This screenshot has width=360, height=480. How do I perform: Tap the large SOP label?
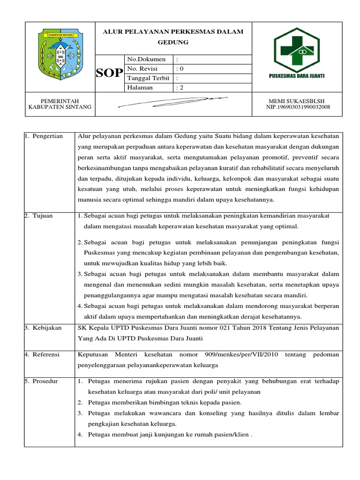pyautogui.click(x=109, y=73)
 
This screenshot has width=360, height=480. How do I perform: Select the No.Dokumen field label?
pyautogui.click(x=146, y=59)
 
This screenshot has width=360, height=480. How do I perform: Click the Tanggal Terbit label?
pyautogui.click(x=148, y=78)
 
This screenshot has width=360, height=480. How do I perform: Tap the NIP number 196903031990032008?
pyautogui.click(x=298, y=107)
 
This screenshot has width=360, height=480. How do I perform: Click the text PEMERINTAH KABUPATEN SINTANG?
pyautogui.click(x=59, y=104)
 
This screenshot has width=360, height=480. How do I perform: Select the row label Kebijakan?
pyautogui.click(x=47, y=328)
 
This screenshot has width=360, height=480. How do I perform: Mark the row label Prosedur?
pyautogui.click(x=45, y=381)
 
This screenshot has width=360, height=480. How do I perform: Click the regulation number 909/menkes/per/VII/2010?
pyautogui.click(x=242, y=355)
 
